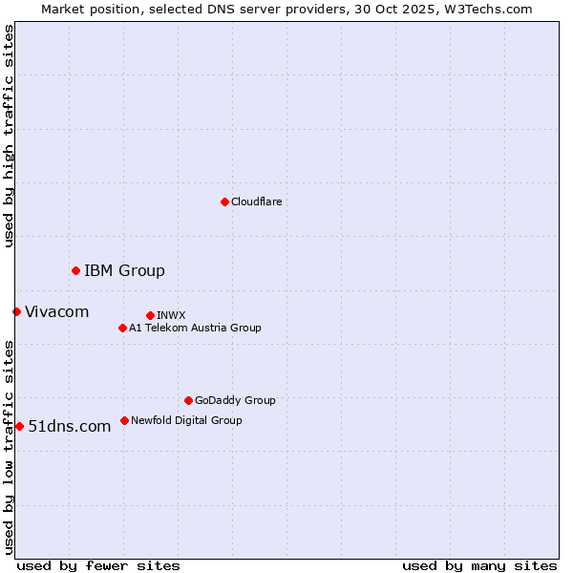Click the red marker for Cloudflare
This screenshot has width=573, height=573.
tap(224, 202)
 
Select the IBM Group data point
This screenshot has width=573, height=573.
tap(75, 270)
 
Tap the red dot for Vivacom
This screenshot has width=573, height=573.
tap(16, 311)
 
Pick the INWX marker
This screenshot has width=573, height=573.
tap(150, 315)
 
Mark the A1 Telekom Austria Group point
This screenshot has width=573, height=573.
tap(122, 328)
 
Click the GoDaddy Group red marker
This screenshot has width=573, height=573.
tap(188, 400)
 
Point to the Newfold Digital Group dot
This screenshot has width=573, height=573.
tap(124, 420)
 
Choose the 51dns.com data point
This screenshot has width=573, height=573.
tap(19, 426)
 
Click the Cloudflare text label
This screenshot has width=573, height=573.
tap(256, 202)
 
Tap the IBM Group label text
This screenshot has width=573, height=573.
tap(124, 270)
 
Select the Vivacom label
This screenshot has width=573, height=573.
tap(56, 311)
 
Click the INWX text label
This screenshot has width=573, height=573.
tap(171, 315)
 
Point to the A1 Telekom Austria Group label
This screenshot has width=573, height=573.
tap(195, 328)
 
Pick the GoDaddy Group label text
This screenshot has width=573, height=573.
tap(235, 400)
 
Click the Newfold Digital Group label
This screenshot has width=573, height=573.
tap(186, 420)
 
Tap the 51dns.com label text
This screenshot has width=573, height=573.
tap(70, 426)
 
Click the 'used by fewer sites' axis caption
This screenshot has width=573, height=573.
tap(98, 565)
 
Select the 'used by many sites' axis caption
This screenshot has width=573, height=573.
tap(479, 565)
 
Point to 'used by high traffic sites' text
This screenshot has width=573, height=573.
tap(9, 136)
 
